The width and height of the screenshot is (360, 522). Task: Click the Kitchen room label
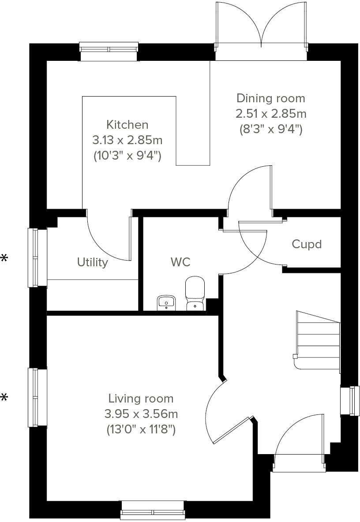127,125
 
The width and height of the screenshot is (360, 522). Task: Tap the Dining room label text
270,98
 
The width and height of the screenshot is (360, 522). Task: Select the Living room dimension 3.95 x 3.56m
141,414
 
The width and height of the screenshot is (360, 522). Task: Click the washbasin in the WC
166,302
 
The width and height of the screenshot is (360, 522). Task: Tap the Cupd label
307,244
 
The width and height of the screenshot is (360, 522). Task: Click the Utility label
93,262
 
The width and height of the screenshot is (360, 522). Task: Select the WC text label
180,262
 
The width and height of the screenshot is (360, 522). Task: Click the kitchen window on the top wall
108,52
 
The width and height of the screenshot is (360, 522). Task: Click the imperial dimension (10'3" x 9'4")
127,156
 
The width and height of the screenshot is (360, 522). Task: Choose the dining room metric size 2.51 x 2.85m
270,114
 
